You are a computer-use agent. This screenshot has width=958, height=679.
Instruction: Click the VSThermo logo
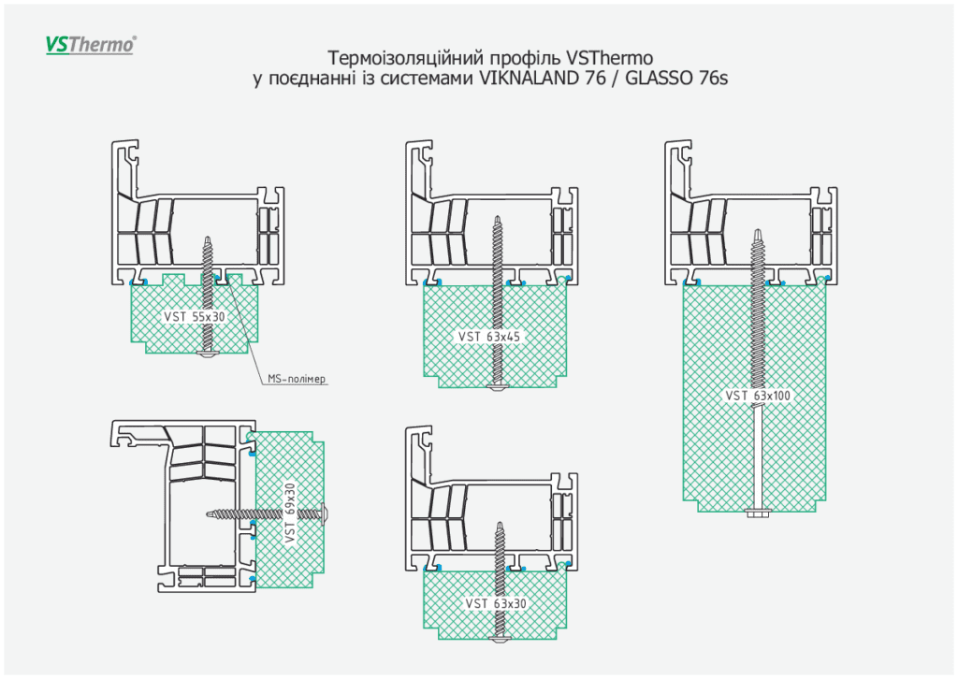pos(91,44)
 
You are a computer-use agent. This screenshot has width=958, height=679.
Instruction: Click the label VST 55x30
pos(195,317)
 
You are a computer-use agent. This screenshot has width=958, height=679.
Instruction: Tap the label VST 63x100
pos(758,396)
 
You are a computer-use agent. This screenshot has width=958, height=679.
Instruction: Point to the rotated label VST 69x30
pos(290,513)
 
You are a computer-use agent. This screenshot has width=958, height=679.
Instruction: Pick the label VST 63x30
pos(496,603)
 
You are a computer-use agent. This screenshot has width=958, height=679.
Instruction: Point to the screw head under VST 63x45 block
pos(496,385)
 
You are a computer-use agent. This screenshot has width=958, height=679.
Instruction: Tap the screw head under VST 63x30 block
pos(496,636)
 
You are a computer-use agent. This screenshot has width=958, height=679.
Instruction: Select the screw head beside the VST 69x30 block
pos(327,512)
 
